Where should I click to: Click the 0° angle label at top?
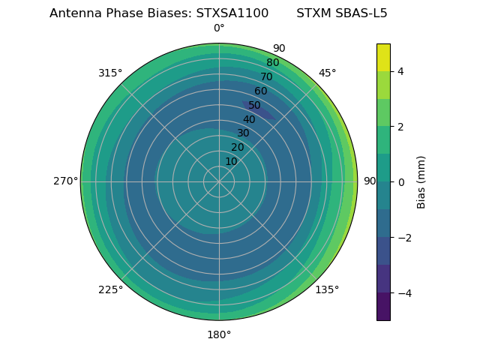click(219, 28)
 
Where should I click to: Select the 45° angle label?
click(327, 73)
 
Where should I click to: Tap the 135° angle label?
click(327, 289)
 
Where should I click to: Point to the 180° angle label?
click(219, 334)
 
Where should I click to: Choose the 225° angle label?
click(110, 289)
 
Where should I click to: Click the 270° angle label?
click(65, 181)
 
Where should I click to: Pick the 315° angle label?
click(110, 73)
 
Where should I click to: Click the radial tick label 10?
click(231, 162)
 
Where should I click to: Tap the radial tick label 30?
click(243, 133)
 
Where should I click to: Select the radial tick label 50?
click(255, 105)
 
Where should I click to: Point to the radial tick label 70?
click(266, 76)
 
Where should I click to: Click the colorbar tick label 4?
click(400, 71)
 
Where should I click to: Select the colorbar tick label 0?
click(400, 182)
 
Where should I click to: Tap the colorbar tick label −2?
click(403, 238)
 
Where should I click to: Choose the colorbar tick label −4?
click(403, 293)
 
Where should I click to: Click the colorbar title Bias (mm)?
click(421, 182)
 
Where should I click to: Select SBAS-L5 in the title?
click(362, 13)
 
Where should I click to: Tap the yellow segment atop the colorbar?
click(383, 57)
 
